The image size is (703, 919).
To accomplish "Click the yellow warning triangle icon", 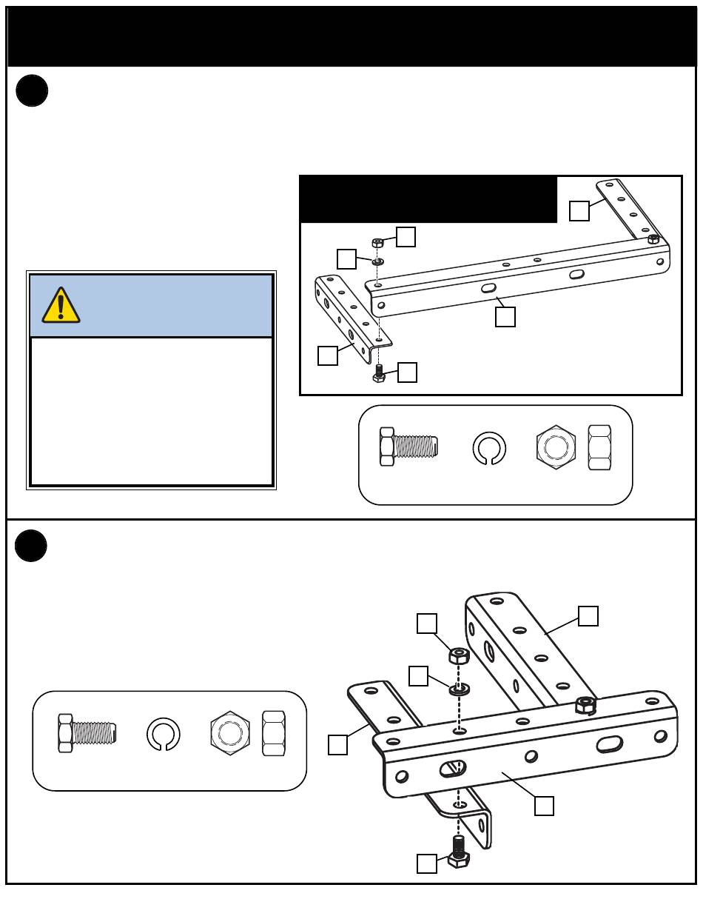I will [61, 305].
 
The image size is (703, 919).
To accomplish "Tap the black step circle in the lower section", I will [31, 546].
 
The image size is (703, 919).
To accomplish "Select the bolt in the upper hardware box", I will [408, 447].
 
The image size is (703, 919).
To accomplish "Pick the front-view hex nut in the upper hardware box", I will [556, 447].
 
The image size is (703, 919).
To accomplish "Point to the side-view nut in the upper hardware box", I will [599, 447].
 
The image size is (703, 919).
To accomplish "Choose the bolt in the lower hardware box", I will [87, 732].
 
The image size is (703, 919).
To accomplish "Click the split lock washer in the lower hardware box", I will [163, 733].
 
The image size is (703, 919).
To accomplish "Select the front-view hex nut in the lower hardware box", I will [230, 732].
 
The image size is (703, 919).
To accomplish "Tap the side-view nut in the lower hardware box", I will [274, 732].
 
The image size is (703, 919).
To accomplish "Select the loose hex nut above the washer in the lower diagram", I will [459, 655].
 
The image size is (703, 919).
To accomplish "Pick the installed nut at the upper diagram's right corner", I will [653, 239].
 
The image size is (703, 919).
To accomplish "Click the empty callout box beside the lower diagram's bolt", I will [426, 863].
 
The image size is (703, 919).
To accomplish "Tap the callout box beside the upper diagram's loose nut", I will [406, 236].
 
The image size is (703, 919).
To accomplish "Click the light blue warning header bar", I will [151, 306].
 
